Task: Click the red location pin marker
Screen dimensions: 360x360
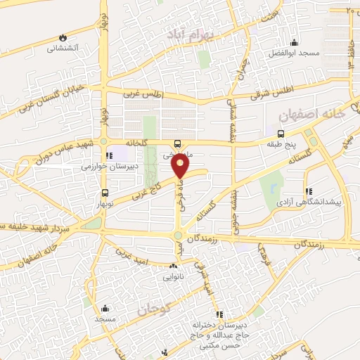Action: tap(182, 166)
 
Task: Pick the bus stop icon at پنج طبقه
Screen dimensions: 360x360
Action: tap(281, 134)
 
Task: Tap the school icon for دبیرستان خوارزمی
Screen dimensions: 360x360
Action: tap(108, 155)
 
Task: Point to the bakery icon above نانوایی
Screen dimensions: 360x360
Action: tap(173, 266)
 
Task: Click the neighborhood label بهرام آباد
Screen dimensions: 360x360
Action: tap(188, 34)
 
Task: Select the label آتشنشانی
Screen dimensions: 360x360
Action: tap(62, 49)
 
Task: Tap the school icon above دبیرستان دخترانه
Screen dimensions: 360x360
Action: tap(219, 314)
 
